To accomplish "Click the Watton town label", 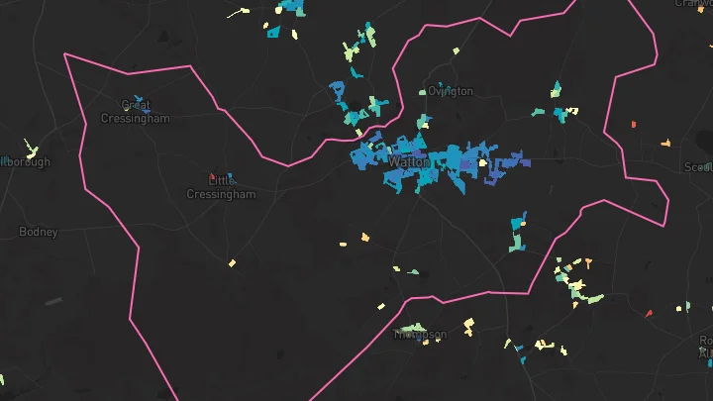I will (410, 160).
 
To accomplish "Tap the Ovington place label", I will (451, 91).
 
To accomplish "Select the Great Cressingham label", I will (136, 112).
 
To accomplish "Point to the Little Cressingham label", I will (221, 188).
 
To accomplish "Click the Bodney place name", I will (39, 232).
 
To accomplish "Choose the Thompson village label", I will (420, 335).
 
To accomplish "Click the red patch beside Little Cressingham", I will (212, 176).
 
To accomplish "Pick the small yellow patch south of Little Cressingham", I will (232, 263).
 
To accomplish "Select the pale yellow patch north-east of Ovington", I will (458, 50).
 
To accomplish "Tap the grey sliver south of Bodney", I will (52, 301).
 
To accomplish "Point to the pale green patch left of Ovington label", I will (422, 93).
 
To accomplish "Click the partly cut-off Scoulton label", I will (698, 167).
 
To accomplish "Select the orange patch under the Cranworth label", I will (633, 125).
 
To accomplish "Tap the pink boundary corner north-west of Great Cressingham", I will (65, 54).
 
